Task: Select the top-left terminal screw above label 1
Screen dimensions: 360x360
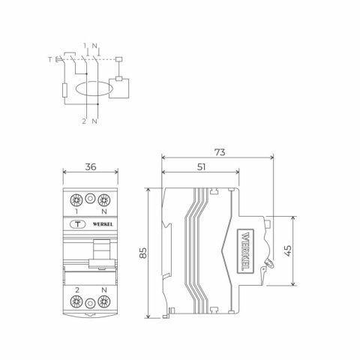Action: point(76,200)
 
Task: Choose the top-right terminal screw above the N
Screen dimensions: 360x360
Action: point(104,200)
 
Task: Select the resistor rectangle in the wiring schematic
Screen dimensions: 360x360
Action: point(65,93)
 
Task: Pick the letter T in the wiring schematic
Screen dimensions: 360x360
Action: point(49,58)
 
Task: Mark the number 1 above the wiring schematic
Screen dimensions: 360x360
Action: point(85,45)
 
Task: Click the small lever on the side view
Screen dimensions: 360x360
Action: point(267,264)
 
